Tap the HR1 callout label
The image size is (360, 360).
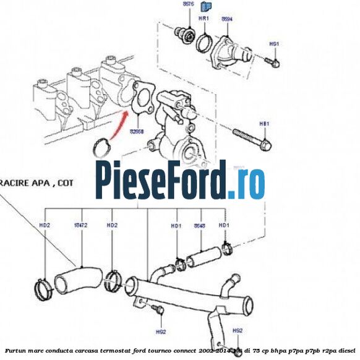(203, 19)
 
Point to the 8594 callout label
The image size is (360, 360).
(227, 19)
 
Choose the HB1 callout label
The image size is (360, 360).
(264, 124)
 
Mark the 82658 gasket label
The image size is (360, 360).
(137, 132)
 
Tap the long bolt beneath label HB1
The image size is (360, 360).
(252, 139)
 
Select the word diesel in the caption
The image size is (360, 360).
(349, 351)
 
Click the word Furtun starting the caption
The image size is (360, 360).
(15, 351)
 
